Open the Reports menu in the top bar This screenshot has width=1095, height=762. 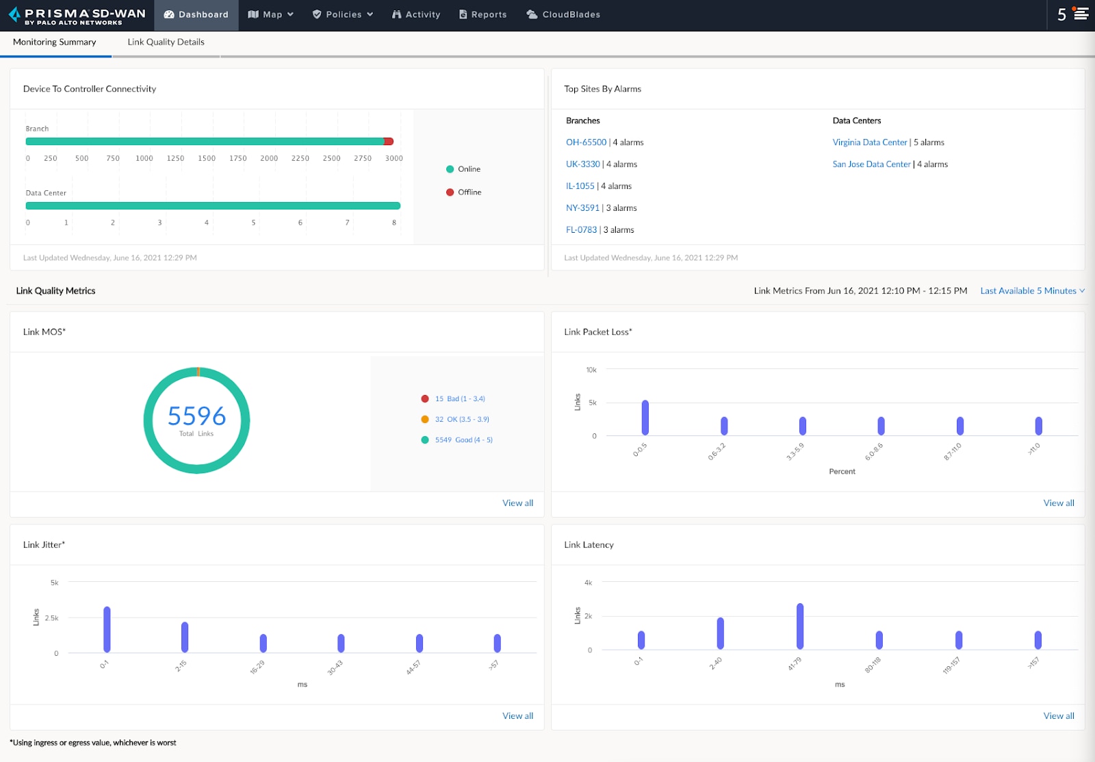[x=482, y=14]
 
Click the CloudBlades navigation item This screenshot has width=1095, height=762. [x=563, y=14]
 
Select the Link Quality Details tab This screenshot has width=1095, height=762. [x=166, y=42]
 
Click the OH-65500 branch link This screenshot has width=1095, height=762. [x=586, y=142]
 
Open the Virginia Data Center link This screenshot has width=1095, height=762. [x=869, y=142]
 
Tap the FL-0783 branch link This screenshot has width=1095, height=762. [x=581, y=230]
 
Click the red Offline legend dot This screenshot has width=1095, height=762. [x=450, y=192]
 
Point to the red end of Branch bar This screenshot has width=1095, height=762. [x=389, y=142]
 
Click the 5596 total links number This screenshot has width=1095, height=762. [x=196, y=416]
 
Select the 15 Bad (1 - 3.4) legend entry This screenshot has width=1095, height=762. [x=459, y=398]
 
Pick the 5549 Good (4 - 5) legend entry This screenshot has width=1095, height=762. [x=463, y=440]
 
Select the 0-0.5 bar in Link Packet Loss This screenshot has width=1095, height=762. [x=645, y=418]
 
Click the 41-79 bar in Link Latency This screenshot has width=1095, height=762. [x=799, y=626]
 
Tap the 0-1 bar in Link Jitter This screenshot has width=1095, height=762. [x=107, y=629]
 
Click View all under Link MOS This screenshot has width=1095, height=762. [x=517, y=503]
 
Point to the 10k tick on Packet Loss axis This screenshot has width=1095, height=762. [x=591, y=370]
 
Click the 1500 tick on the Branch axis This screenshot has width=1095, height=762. [x=207, y=158]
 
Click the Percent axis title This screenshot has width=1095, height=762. [x=842, y=472]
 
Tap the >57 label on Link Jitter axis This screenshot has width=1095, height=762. [x=494, y=665]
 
